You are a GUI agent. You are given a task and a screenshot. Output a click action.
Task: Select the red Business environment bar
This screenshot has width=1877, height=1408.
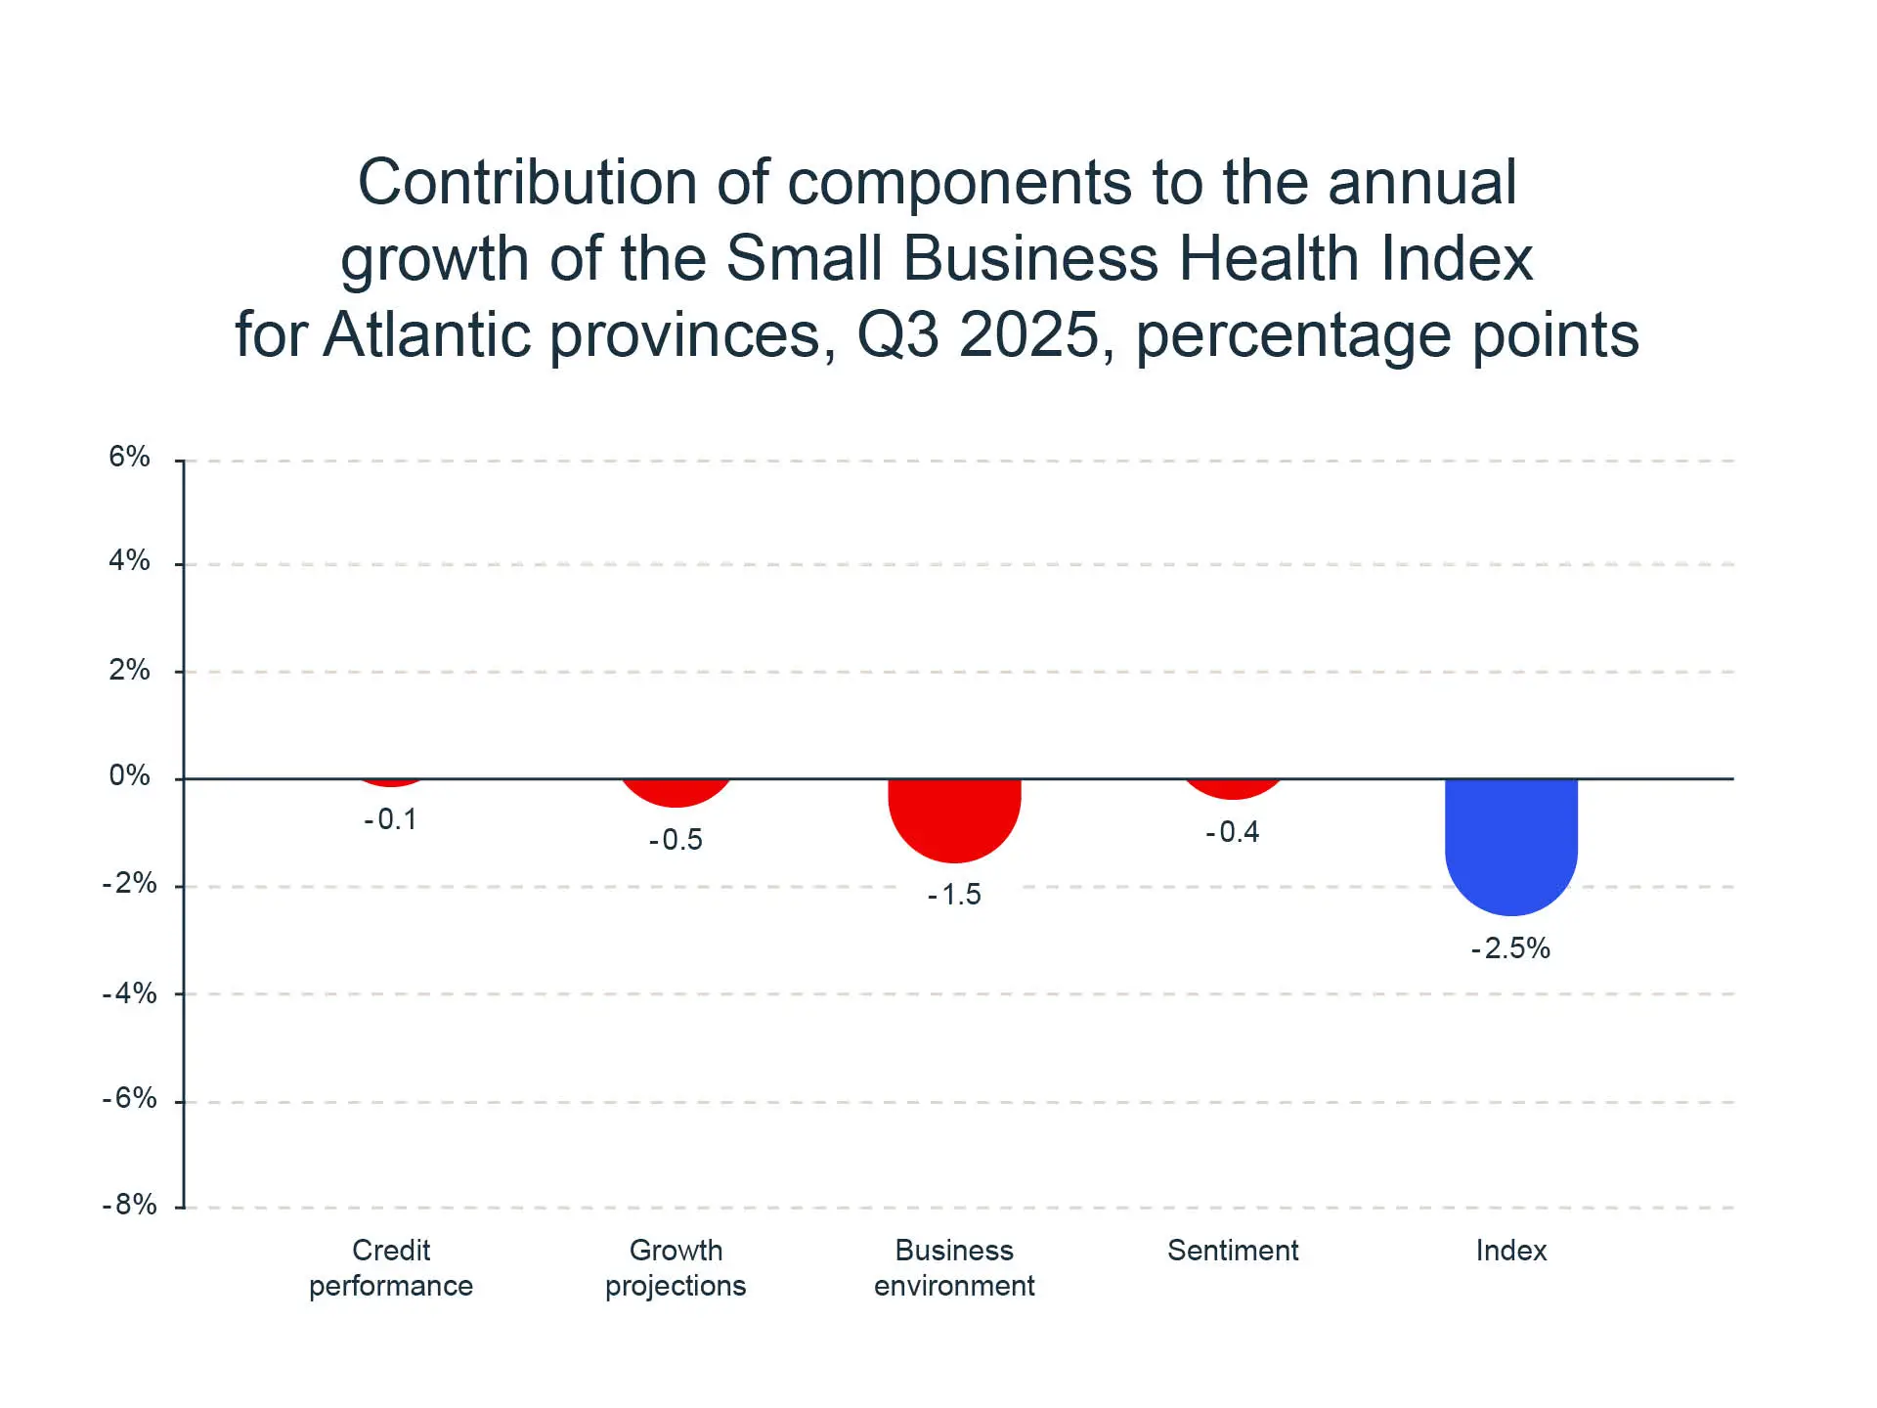954,817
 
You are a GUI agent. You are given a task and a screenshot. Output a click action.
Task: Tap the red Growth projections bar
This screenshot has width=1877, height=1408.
676,791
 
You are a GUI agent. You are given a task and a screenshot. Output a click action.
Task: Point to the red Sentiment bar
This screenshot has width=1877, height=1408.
1233,787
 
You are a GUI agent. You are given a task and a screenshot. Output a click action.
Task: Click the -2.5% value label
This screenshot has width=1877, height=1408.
1510,948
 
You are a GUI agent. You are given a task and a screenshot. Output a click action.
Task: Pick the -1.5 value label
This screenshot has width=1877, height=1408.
954,895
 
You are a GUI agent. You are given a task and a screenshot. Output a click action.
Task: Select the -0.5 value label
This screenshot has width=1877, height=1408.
676,840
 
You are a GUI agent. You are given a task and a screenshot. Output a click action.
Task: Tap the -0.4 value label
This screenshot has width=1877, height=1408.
1233,832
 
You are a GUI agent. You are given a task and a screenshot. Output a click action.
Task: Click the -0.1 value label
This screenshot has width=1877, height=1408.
391,819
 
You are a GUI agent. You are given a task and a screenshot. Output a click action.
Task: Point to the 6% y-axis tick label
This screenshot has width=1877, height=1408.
129,457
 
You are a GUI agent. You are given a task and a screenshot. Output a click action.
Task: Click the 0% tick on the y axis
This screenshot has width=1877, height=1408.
129,776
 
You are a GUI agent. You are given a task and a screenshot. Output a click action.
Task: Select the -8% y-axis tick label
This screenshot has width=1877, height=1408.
129,1205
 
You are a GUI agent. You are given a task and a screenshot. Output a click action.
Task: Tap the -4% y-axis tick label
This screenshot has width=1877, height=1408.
129,993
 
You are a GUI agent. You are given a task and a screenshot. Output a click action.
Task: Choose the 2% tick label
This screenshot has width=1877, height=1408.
129,670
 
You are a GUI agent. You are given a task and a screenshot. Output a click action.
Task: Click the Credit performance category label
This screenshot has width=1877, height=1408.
391,1267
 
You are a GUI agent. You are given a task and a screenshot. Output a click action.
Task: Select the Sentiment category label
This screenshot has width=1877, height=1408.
1233,1251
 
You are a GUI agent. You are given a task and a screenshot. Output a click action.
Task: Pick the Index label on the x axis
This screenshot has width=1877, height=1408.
1510,1251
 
